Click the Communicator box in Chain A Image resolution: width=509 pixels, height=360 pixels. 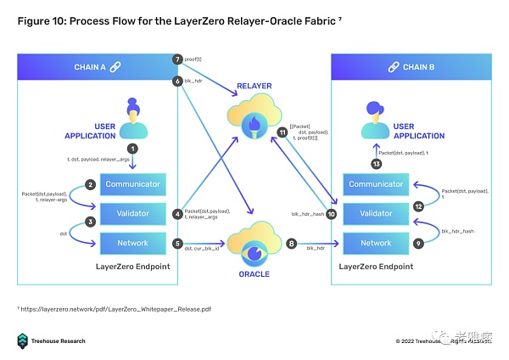pyautogui.click(x=132, y=184)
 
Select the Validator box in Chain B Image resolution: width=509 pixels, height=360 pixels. pyautogui.click(x=376, y=214)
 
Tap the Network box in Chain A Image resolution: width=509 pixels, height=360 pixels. pyautogui.click(x=132, y=244)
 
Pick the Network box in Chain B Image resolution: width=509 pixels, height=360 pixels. pyautogui.click(x=376, y=244)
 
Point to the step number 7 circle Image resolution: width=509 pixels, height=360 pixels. pyautogui.click(x=177, y=59)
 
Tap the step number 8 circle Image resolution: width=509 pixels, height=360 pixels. pyautogui.click(x=291, y=244)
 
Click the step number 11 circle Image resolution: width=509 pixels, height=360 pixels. pyautogui.click(x=282, y=132)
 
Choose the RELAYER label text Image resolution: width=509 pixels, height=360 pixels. pyautogui.click(x=255, y=85)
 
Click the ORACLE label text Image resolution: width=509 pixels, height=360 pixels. pyautogui.click(x=254, y=274)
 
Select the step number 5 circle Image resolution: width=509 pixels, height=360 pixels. pyautogui.click(x=177, y=244)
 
